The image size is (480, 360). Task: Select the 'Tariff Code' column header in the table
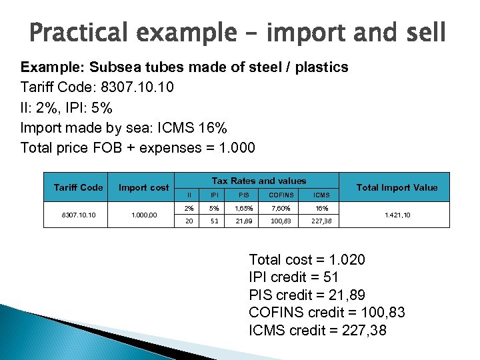78,187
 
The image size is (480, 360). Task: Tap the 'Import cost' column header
143,187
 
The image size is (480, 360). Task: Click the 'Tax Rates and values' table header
259,181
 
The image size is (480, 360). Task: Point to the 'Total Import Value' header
397,187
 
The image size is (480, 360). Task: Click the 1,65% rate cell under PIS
244,208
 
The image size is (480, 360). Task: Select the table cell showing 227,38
321,221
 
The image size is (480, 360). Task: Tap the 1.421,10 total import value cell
397,215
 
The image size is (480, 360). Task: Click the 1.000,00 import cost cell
143,215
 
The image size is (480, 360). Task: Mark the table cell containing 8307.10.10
78,215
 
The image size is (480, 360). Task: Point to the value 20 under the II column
189,221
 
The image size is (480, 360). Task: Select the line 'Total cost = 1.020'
307,260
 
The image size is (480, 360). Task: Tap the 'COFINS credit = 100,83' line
327,312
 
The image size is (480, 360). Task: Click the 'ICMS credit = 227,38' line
317,329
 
